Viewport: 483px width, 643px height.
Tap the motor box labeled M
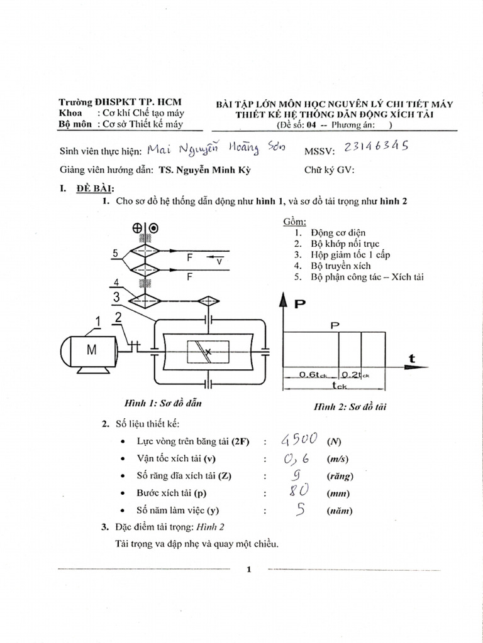click(92, 350)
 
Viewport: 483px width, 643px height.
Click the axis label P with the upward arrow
click(300, 303)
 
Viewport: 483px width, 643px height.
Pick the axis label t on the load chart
click(412, 358)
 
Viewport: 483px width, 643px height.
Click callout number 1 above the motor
click(98, 322)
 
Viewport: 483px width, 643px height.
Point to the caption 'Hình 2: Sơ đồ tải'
click(350, 407)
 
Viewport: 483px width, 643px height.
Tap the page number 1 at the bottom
click(249, 570)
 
